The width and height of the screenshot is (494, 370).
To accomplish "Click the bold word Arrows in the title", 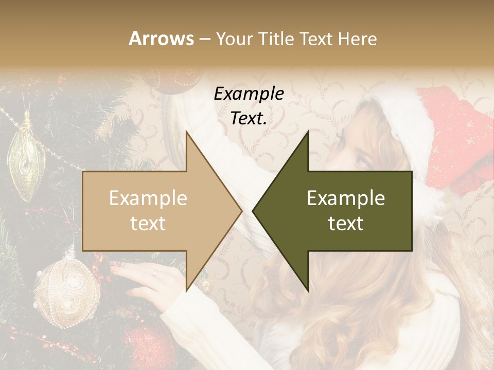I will [162, 39].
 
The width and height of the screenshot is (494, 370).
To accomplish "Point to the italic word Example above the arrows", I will [249, 94].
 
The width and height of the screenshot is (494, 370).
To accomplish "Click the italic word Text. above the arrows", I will [249, 119].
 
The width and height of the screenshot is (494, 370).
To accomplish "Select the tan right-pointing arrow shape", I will [154, 211].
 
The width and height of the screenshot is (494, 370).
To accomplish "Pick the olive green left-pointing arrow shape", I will [340, 211].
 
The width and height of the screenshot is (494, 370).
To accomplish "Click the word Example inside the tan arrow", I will [148, 198].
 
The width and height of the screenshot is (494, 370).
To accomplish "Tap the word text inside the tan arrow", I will [148, 224].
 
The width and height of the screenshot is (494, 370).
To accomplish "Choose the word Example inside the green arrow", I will [346, 198].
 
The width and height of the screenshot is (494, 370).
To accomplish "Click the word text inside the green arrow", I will [346, 224].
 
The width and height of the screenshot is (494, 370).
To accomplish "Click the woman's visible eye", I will [363, 163].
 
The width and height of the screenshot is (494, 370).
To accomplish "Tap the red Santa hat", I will [453, 134].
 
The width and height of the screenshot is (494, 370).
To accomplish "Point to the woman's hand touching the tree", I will [149, 280].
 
